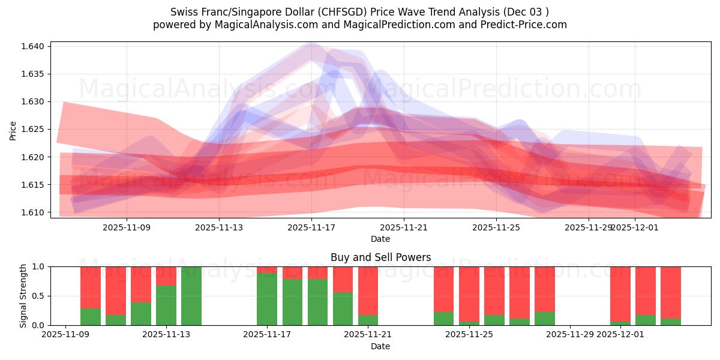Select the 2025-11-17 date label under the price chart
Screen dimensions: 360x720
[311, 227]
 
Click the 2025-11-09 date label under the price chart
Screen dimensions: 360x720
[127, 227]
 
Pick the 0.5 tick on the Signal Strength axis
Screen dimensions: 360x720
[40, 296]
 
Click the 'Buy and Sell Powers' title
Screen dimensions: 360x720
[380, 257]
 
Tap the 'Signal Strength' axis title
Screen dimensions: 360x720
[23, 295]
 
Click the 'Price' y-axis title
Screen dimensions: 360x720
[13, 130]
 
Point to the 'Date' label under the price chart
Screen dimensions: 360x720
[380, 239]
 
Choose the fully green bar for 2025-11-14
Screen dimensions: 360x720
[191, 296]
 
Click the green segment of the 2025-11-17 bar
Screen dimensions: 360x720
[267, 299]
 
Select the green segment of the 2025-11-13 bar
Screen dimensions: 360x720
[166, 305]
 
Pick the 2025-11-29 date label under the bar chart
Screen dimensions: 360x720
[569, 335]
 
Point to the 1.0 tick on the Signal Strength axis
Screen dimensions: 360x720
[40, 266]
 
